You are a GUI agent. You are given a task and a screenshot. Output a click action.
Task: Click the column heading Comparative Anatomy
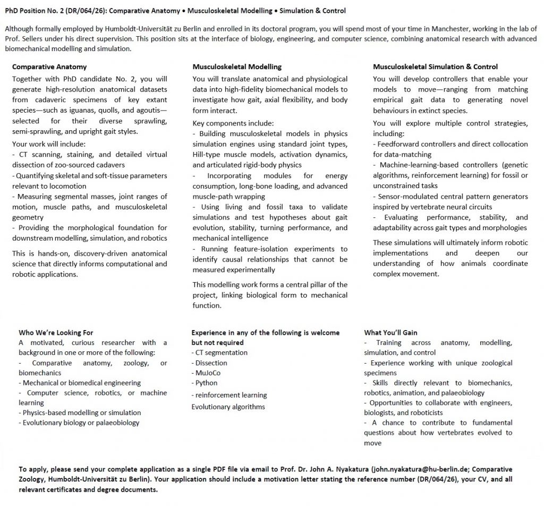click(x=49, y=67)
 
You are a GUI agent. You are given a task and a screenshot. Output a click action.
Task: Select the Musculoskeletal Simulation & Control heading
click(x=435, y=67)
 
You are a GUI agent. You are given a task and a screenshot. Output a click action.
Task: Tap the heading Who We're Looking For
click(x=56, y=333)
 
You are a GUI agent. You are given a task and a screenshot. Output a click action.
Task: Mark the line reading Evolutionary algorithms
click(x=228, y=407)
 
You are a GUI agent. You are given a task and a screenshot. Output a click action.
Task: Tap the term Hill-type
click(x=209, y=154)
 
